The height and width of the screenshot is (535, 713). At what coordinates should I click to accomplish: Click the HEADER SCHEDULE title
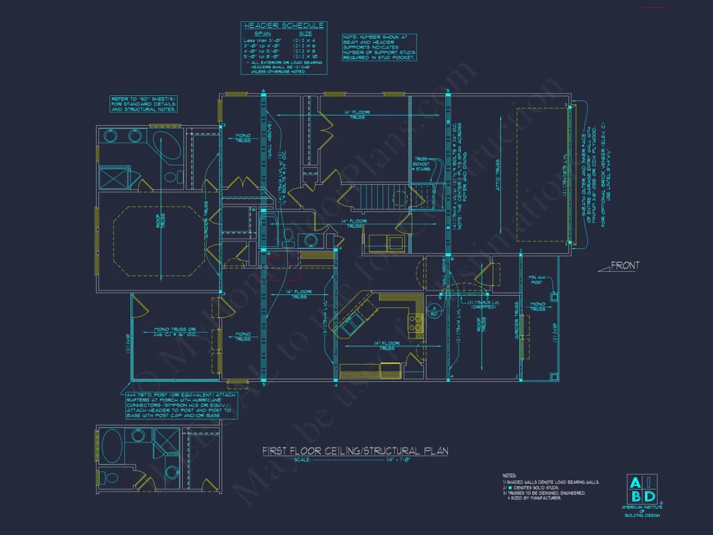click(x=283, y=25)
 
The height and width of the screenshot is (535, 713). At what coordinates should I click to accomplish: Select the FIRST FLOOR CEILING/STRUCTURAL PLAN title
click(x=355, y=451)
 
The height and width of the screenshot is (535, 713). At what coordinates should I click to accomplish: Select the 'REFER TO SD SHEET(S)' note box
click(x=143, y=104)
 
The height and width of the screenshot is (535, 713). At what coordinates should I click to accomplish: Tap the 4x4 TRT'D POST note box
click(x=181, y=405)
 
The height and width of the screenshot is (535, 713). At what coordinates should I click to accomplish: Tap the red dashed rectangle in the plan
click(x=281, y=267)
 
